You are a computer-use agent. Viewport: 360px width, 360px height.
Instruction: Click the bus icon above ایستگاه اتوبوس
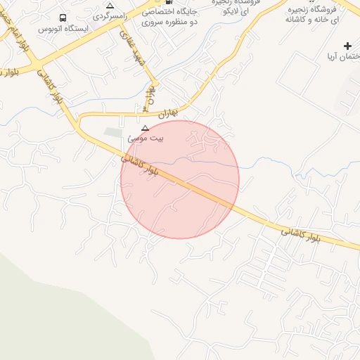[63, 18]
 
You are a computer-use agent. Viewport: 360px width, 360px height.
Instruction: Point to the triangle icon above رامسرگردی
[110, 5]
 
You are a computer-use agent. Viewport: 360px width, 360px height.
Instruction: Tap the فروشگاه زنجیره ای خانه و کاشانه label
[312, 13]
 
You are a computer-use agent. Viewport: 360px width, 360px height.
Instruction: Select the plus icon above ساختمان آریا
[347, 46]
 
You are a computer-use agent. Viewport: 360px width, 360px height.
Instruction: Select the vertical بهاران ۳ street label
[148, 98]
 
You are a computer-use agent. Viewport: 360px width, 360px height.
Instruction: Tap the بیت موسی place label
[145, 139]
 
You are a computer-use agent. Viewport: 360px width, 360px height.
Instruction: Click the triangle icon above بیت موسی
[146, 128]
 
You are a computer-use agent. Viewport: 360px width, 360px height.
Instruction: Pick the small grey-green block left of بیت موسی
[113, 132]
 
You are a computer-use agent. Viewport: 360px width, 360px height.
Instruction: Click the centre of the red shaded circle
[180, 179]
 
